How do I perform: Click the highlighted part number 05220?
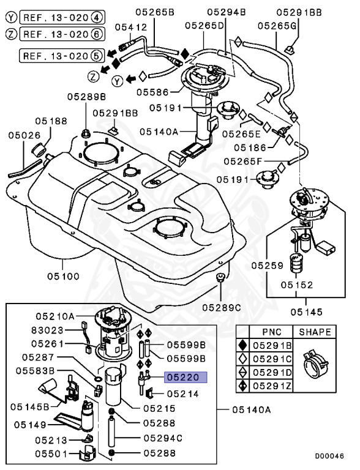coord(188,378)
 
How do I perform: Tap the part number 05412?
coord(131,26)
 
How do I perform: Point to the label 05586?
coord(152,91)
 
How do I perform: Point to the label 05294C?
coord(163,438)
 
